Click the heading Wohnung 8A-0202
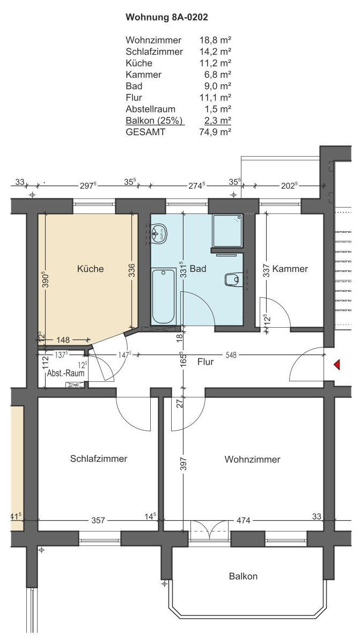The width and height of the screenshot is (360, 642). [167, 17]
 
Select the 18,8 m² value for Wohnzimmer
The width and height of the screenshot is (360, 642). [216, 40]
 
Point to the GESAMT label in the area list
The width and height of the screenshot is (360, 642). [146, 132]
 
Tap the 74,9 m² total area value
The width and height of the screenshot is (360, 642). [216, 132]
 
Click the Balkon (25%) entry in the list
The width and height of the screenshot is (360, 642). [155, 120]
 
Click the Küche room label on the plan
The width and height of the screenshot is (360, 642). [91, 269]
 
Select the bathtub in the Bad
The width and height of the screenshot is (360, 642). [164, 297]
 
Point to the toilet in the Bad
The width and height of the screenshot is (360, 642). [233, 279]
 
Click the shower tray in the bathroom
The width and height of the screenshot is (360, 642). [227, 231]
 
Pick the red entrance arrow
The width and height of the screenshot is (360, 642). [336, 364]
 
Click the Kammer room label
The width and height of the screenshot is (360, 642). [290, 269]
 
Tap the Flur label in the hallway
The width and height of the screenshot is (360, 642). [205, 362]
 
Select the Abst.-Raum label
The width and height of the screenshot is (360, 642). [65, 373]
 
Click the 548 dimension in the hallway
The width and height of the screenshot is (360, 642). [231, 355]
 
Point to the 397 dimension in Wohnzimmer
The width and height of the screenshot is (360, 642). [183, 464]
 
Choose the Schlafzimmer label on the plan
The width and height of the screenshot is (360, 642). [99, 459]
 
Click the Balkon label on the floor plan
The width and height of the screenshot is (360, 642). [243, 577]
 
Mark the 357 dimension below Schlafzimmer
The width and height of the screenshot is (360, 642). [98, 520]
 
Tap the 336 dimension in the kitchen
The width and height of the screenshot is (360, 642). [131, 271]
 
